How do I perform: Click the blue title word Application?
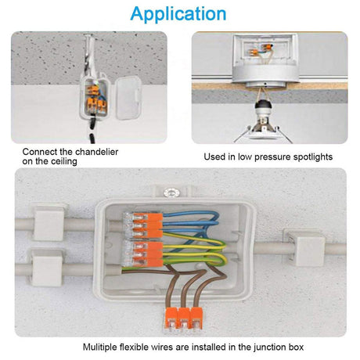tap(178, 14)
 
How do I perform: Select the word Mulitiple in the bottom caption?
tap(100, 347)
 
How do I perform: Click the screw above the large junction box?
tap(171, 193)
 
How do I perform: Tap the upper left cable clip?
tap(49, 222)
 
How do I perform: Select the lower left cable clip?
tap(47, 267)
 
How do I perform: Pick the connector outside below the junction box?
tap(183, 319)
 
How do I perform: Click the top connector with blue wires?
tap(143, 225)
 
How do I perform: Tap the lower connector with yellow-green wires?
tap(143, 254)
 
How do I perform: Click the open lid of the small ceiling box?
tap(128, 98)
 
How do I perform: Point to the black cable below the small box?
tap(92, 131)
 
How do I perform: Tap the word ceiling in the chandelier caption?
tap(64, 161)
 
